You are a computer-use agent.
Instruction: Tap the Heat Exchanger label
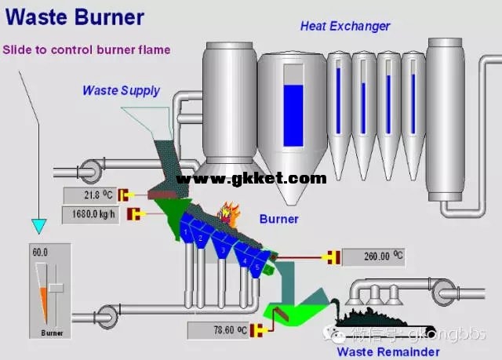(x=345, y=26)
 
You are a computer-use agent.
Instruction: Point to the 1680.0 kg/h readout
(x=91, y=213)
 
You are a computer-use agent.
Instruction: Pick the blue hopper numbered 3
(x=223, y=250)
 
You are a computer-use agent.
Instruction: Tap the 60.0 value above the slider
(x=40, y=253)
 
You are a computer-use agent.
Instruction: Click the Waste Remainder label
(x=388, y=351)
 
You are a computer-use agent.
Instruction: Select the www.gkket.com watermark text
(x=251, y=179)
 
